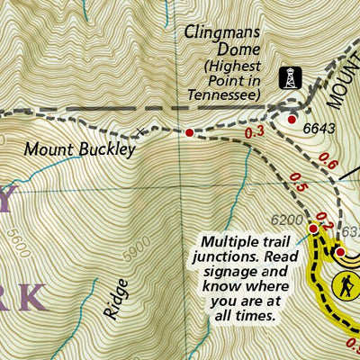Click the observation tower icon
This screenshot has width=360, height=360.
289,78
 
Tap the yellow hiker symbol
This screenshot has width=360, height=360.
346,287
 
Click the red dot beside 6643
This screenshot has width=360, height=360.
291,119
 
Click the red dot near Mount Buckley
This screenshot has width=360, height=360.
189,133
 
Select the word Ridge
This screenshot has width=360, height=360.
115,300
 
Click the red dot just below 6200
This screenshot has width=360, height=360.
313,229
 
